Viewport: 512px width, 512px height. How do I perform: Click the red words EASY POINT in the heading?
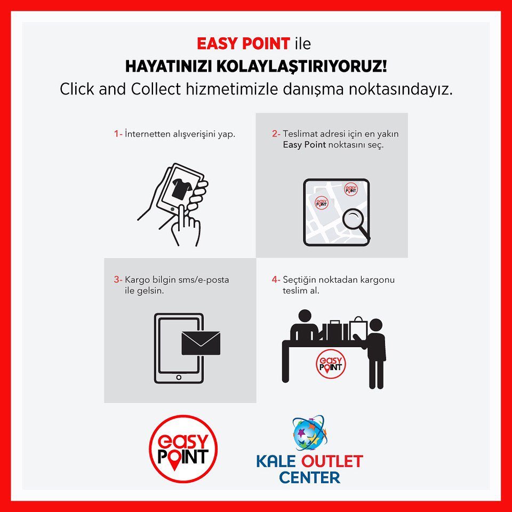click(x=243, y=44)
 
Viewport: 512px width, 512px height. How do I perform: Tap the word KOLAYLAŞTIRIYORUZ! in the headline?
click(x=301, y=66)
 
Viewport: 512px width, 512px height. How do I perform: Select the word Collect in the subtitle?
click(x=156, y=89)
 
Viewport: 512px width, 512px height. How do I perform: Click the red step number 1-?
click(x=118, y=133)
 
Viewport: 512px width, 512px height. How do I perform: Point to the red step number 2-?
click(x=276, y=133)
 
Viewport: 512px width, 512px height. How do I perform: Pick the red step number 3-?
click(x=118, y=279)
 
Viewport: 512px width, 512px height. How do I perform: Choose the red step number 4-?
click(x=276, y=279)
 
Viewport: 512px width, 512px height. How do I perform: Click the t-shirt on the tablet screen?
click(x=181, y=188)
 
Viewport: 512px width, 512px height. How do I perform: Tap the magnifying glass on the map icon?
click(x=356, y=223)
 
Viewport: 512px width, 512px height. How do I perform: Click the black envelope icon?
click(x=201, y=343)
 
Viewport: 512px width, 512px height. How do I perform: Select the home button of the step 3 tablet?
click(x=179, y=378)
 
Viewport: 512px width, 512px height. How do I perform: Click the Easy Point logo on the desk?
click(x=331, y=364)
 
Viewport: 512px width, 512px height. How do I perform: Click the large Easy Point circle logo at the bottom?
click(x=183, y=449)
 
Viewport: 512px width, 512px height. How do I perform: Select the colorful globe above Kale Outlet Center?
click(x=309, y=433)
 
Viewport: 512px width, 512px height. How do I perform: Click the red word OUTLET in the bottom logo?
click(x=332, y=461)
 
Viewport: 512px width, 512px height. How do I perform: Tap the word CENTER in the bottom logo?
click(x=309, y=477)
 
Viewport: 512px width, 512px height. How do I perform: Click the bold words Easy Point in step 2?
click(x=304, y=145)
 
